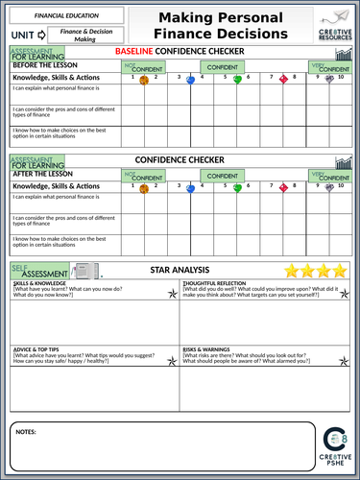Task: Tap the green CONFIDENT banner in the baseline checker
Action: point(222,67)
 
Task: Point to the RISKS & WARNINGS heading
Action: point(209,348)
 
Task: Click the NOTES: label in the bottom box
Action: point(28,433)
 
